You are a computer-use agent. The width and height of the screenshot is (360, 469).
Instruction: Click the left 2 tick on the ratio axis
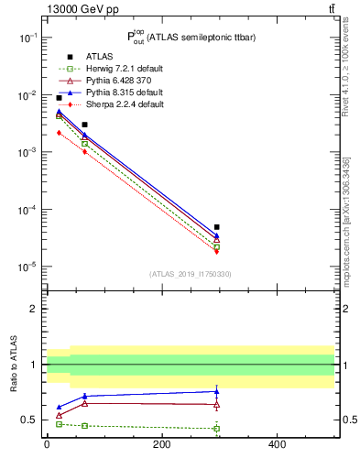(33, 309)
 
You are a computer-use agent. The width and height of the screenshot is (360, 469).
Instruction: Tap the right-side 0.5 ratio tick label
(346, 420)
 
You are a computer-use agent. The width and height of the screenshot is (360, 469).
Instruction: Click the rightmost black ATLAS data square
(217, 227)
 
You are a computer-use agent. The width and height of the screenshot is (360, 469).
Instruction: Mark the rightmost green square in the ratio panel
(217, 429)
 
